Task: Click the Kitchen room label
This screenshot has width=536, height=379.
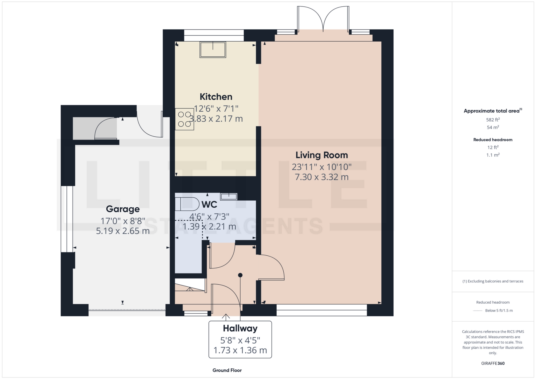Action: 216,97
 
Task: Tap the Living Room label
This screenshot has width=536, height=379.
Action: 322,155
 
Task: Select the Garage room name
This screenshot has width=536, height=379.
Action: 123,209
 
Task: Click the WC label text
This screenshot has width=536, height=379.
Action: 209,205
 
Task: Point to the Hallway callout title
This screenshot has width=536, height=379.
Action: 240,328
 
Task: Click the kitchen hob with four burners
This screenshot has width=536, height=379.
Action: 185,119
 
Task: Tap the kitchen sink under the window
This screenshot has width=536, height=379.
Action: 213,50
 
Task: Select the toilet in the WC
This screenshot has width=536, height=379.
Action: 187,204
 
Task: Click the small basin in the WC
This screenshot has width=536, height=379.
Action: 229,197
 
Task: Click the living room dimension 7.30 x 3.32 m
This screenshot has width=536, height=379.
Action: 322,177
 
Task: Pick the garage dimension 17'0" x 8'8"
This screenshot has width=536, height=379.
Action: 123,221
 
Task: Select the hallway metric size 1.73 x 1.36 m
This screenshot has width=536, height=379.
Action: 240,350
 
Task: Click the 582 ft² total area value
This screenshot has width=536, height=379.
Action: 493,120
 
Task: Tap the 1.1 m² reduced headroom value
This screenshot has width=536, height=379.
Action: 493,155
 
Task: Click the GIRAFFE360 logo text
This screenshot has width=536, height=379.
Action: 493,363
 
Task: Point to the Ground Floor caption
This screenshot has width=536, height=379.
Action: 227,370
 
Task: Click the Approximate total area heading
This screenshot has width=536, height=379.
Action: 493,111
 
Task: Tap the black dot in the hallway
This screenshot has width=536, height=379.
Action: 240,275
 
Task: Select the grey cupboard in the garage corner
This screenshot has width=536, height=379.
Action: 95,128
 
